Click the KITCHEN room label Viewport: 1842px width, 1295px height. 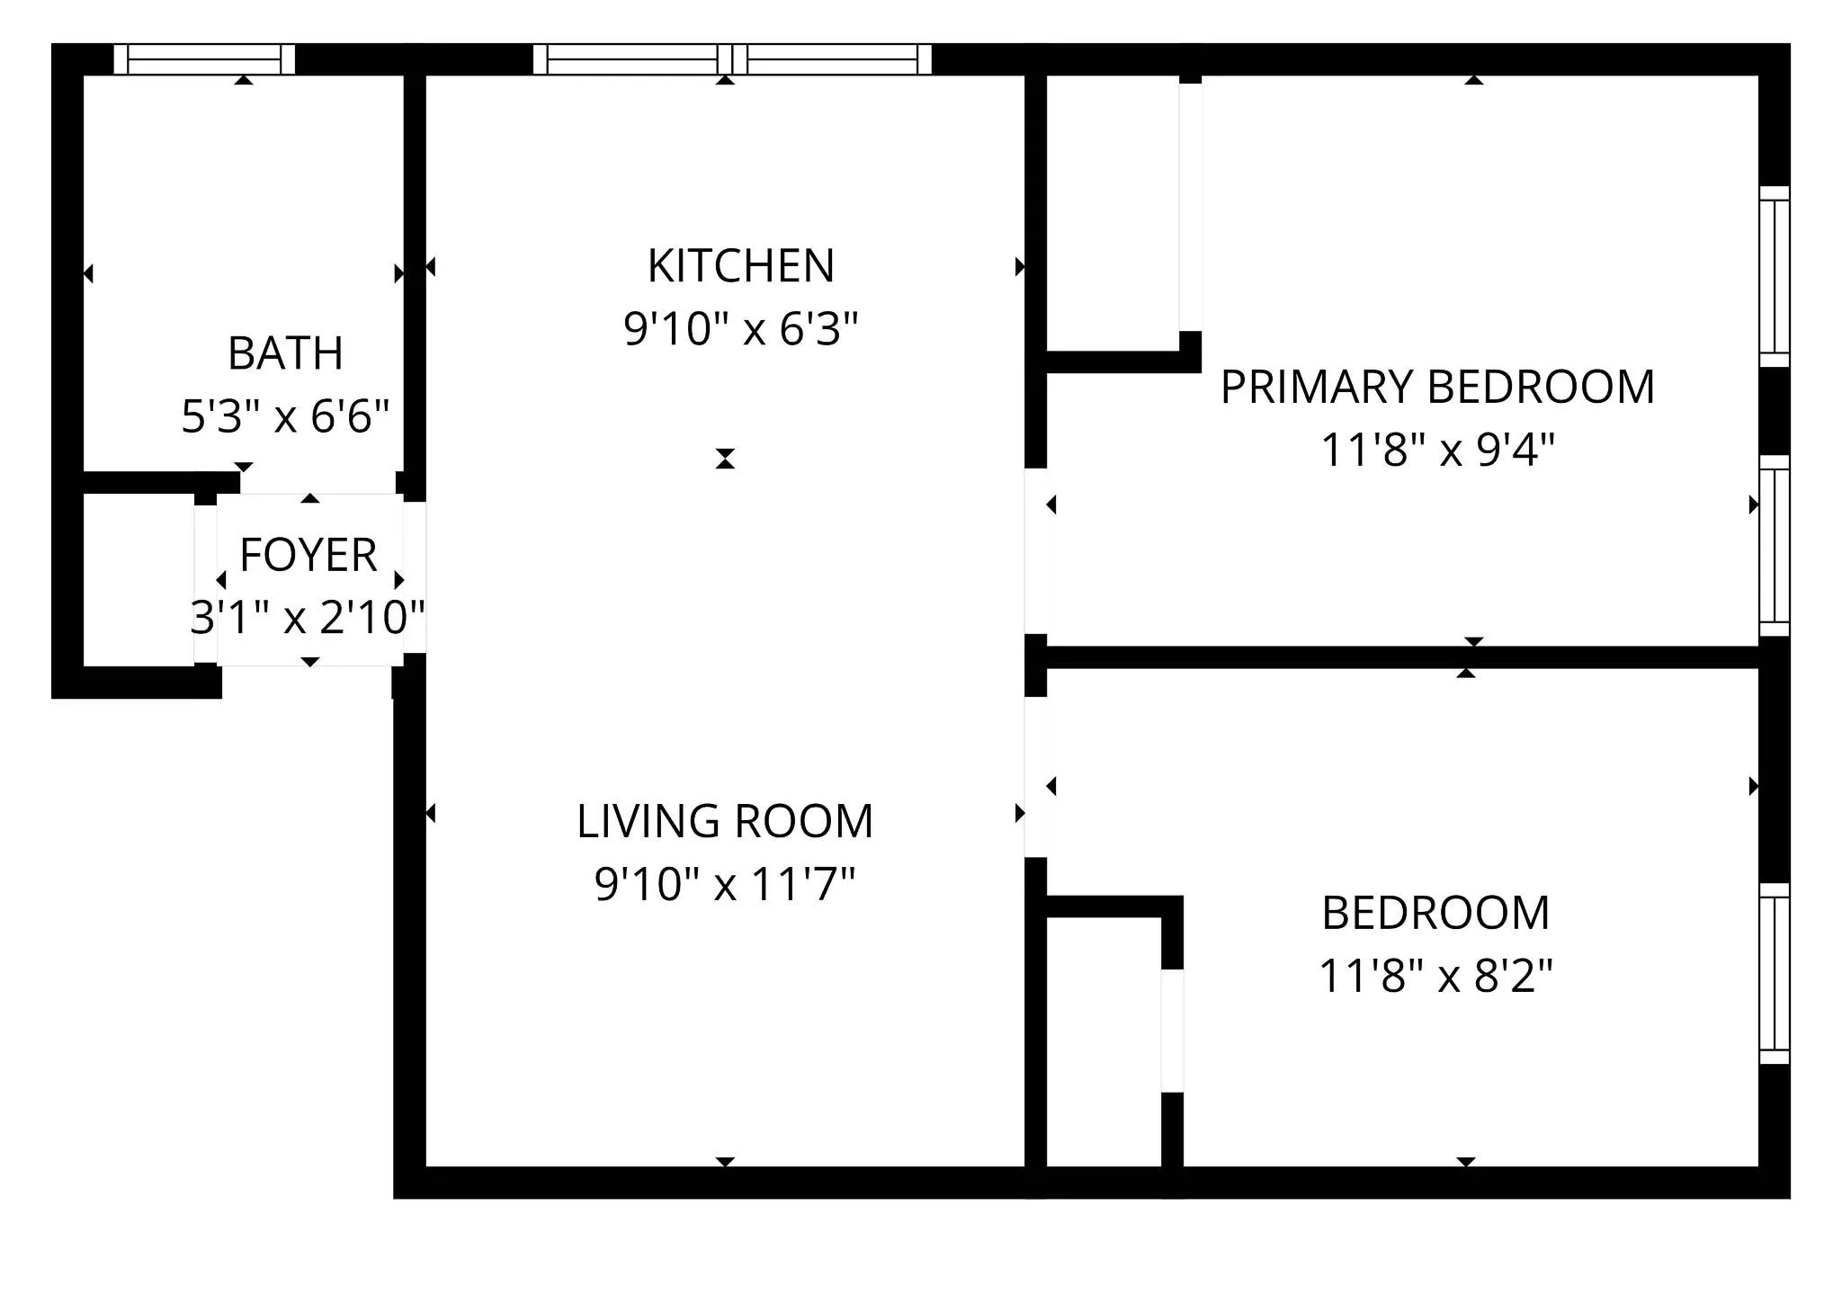[741, 266]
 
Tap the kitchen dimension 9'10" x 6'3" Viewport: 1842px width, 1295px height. [741, 329]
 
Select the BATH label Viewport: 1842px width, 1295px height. [285, 353]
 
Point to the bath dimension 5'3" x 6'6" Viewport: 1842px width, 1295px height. [285, 417]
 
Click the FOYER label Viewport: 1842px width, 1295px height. [308, 555]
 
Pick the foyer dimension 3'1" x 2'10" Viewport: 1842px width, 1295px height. [308, 618]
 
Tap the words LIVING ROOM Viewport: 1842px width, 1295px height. [725, 821]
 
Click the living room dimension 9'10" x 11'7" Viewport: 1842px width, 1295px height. [725, 884]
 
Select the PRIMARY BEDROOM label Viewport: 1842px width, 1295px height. [1437, 387]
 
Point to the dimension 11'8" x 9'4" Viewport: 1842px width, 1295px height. [1437, 450]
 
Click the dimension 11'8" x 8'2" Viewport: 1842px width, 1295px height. [1435, 976]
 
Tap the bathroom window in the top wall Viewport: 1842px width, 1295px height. [204, 59]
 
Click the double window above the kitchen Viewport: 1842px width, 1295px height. [732, 59]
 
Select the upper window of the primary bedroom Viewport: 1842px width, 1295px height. [1774, 276]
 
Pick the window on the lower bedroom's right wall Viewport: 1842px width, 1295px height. [1774, 973]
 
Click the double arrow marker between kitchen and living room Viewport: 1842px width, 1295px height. [725, 459]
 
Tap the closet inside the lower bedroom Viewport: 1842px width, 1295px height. [1104, 1041]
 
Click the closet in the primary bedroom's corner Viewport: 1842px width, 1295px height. [1113, 213]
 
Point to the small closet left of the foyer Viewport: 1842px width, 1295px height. [139, 580]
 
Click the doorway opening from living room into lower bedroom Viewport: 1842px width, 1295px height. [1036, 777]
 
